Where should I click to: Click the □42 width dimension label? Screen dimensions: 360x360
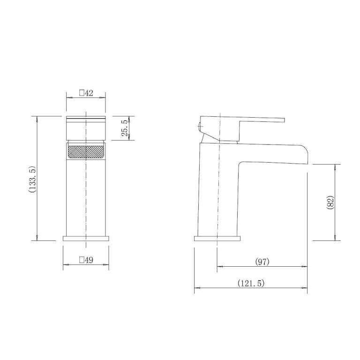pos(86,93)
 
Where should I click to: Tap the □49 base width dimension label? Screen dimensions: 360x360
pos(86,260)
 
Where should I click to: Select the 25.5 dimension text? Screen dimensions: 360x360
pos(124,128)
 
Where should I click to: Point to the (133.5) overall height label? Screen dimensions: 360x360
pos(31,179)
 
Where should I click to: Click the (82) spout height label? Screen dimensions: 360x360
pos(330,202)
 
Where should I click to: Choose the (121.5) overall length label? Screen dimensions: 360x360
pos(251,283)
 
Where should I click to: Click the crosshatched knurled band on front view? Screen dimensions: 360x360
pos(86,152)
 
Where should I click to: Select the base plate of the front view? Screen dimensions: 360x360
pos(86,238)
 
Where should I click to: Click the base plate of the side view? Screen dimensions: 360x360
pos(217,238)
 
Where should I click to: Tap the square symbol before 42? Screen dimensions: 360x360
pos(82,93)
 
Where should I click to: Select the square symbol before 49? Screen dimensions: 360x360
pos(82,260)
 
